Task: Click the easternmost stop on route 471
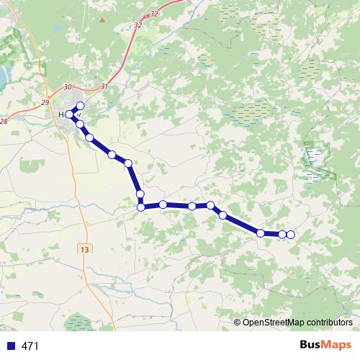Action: coord(290,235)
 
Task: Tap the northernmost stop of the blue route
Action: coord(81,106)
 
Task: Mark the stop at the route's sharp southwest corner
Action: coord(141,207)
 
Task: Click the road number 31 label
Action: coord(105,86)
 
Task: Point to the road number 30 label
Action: coord(68,86)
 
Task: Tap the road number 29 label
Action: coord(45,103)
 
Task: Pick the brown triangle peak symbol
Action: coord(102,19)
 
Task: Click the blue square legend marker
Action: coord(10,346)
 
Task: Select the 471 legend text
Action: coord(30,346)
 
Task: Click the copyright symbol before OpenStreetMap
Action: coord(238,322)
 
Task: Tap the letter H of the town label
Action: coord(62,114)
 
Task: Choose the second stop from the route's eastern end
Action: coord(282,234)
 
